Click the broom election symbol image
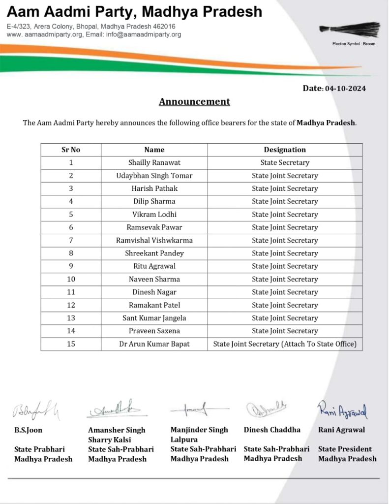[x=350, y=29]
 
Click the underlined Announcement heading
[x=194, y=102]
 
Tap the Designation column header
[x=285, y=150]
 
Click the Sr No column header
[x=71, y=150]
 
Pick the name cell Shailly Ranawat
[x=154, y=162]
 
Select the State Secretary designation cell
[x=285, y=162]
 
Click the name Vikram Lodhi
[x=154, y=215]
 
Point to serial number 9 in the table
[x=71, y=266]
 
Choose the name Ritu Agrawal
[x=154, y=266]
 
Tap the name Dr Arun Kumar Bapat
[x=154, y=344]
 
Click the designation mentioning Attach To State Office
[x=285, y=344]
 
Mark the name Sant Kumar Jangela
[x=154, y=318]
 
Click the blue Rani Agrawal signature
[x=343, y=409]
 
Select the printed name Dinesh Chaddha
[x=272, y=430]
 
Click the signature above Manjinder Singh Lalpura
[x=197, y=409]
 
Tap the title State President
[x=345, y=449]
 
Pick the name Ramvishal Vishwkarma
[x=154, y=240]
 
